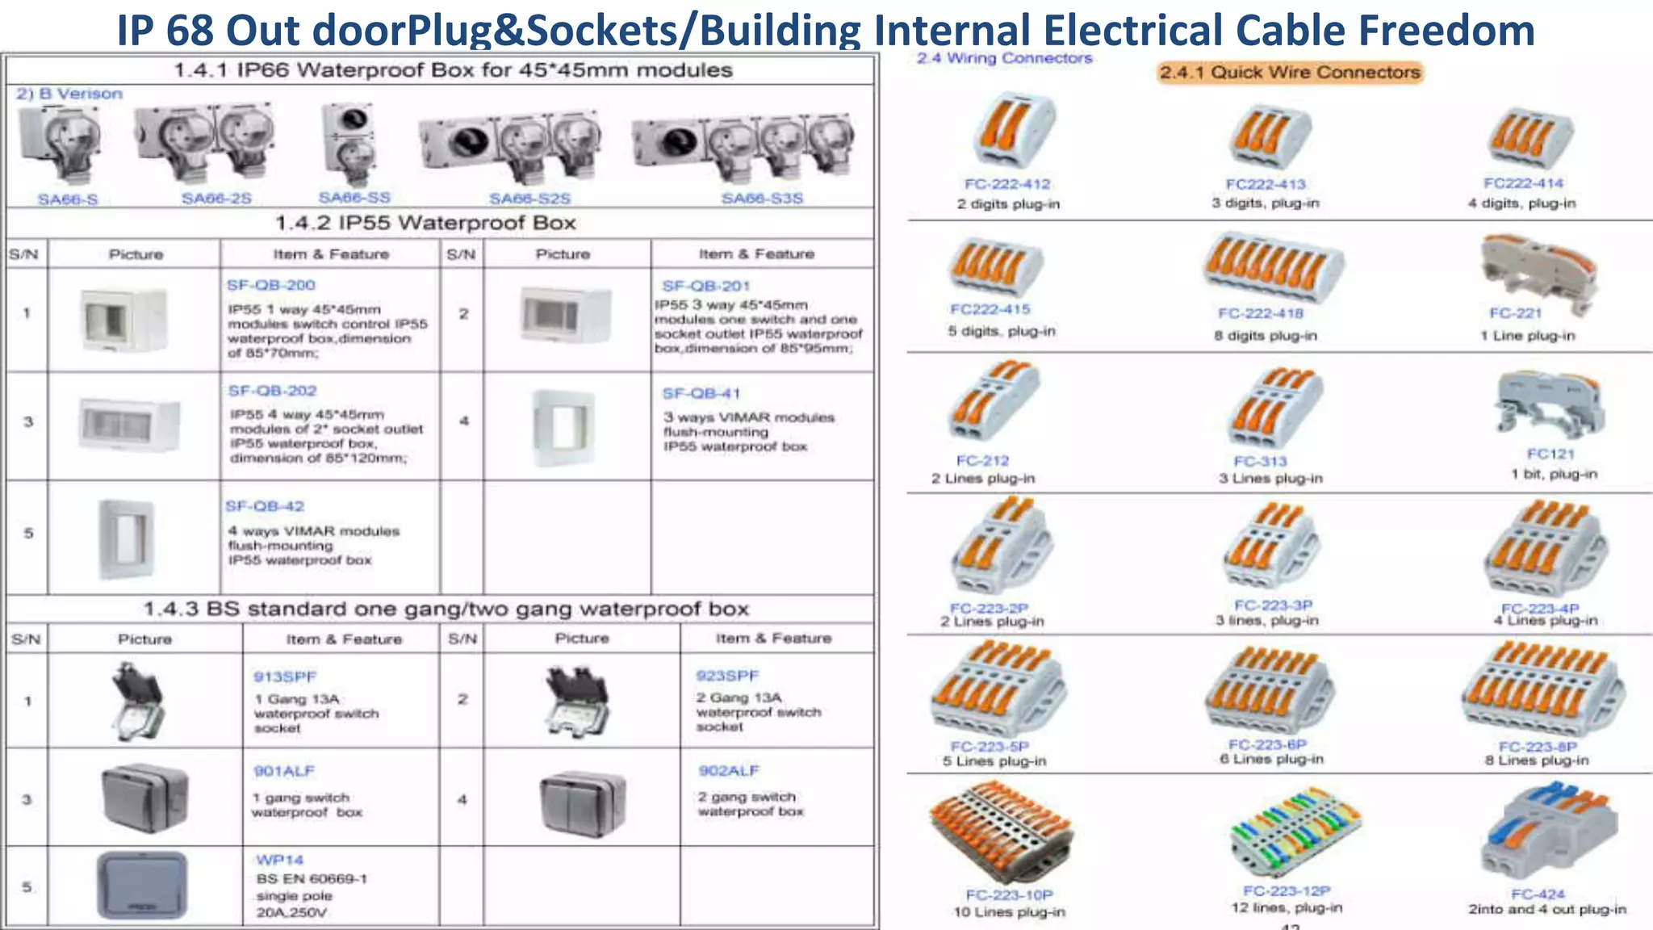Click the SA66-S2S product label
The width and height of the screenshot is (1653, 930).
pyautogui.click(x=529, y=199)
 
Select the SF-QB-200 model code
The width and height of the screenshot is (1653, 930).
pyautogui.click(x=271, y=285)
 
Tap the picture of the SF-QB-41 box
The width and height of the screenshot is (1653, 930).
pyautogui.click(x=564, y=428)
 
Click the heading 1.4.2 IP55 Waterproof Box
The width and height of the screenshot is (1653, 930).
pyautogui.click(x=425, y=223)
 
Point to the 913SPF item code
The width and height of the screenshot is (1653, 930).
pyautogui.click(x=285, y=677)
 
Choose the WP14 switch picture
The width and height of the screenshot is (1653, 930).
pyautogui.click(x=142, y=885)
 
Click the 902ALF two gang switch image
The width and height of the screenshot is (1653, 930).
pyautogui.click(x=583, y=802)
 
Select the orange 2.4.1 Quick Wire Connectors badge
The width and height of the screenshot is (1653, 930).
pyautogui.click(x=1290, y=73)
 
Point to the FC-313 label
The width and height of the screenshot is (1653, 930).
pyautogui.click(x=1260, y=461)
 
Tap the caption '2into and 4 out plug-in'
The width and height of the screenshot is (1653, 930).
pyautogui.click(x=1546, y=909)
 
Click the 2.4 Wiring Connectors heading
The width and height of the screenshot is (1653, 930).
pyautogui.click(x=1004, y=58)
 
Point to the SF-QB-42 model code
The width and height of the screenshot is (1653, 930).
pyautogui.click(x=265, y=506)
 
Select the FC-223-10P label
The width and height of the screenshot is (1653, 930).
pyautogui.click(x=1009, y=894)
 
